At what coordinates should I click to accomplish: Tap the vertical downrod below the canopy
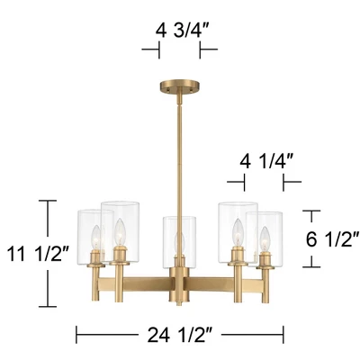[180, 153]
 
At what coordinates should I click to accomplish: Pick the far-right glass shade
[267, 236]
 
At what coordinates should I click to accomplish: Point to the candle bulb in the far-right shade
[265, 241]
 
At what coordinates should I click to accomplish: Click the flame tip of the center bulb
[178, 233]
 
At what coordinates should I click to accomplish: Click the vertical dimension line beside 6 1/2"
[311, 238]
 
